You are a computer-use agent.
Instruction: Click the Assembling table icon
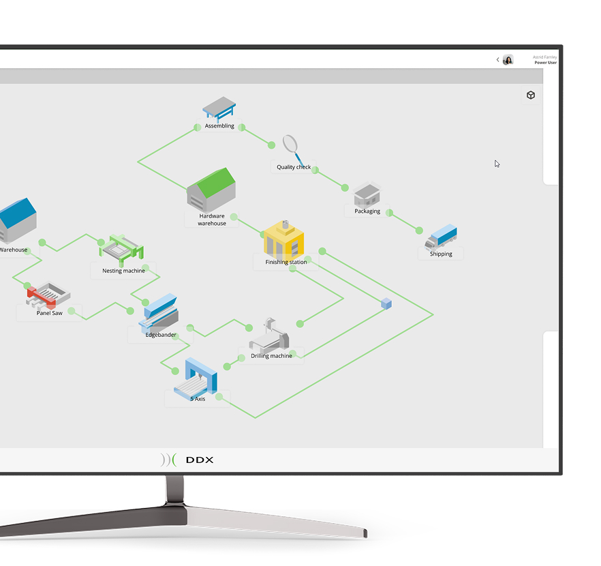pos(219,109)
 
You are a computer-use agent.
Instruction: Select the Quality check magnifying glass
pos(293,149)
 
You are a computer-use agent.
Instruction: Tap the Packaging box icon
pos(367,195)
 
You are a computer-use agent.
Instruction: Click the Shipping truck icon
pos(441,237)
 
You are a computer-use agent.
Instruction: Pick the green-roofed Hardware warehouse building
pos(211,190)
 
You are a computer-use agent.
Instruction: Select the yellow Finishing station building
pos(284,239)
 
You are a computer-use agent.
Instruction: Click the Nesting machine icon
pos(121,250)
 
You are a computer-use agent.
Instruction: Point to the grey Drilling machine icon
pos(269,336)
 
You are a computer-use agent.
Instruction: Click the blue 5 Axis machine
pos(196,378)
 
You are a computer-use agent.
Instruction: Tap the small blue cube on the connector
pos(386,303)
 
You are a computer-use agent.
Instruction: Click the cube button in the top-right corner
pos(531,95)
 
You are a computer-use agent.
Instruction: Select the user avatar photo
pos(508,60)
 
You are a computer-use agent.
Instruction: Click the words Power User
pos(545,63)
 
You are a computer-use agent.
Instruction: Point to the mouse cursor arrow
pos(497,164)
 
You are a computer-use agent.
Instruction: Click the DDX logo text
pos(199,460)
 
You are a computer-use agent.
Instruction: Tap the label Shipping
pos(441,254)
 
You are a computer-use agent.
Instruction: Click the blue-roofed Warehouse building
pos(18,220)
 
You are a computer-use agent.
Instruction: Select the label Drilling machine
pos(271,356)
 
